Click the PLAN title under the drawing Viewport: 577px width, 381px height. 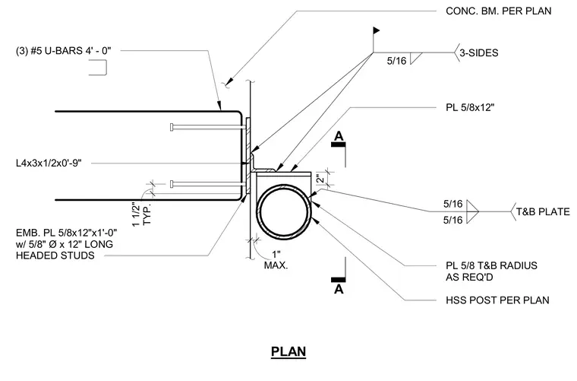pyautogui.click(x=288, y=351)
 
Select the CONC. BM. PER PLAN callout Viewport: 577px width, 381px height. pyautogui.click(x=498, y=11)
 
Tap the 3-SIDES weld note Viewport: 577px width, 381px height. pyautogui.click(x=479, y=52)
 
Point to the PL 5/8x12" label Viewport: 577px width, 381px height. pyautogui.click(x=470, y=107)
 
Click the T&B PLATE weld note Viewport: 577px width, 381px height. pyautogui.click(x=543, y=212)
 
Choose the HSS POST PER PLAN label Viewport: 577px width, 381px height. pyautogui.click(x=497, y=300)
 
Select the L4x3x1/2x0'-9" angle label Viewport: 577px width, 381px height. pyautogui.click(x=49, y=163)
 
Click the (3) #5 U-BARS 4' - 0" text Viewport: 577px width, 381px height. pyautogui.click(x=63, y=50)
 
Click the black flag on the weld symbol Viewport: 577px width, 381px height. pyautogui.click(x=376, y=30)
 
